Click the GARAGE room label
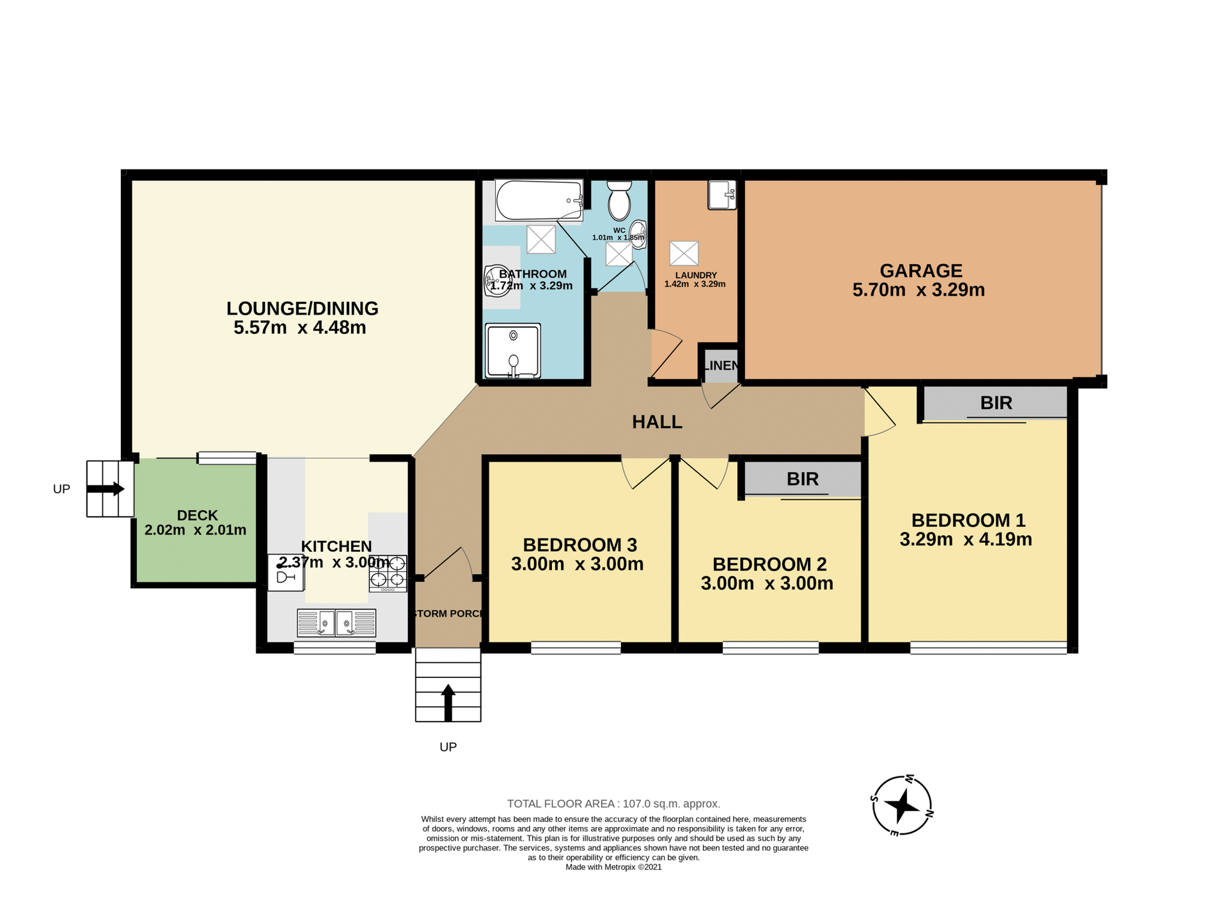920,271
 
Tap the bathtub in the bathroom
539,200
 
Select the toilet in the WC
618,200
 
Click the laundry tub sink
722,194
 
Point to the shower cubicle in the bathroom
512,350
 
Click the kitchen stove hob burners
388,572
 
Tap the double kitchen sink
336,623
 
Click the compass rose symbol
902,805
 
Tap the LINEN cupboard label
721,366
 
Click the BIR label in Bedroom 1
996,403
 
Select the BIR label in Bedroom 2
802,479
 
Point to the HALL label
657,422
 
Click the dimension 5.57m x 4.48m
299,328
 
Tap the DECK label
197,515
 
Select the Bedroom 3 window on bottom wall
576,648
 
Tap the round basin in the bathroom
496,280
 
